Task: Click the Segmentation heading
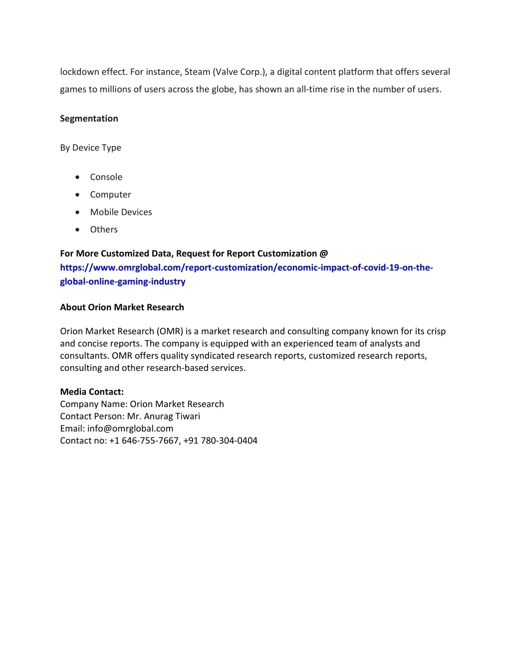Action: coord(89,119)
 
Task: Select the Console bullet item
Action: coord(106,177)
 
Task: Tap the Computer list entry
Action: coord(110,195)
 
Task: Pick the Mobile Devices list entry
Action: coord(121,212)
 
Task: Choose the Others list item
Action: coord(104,229)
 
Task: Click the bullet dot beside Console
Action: coord(77,177)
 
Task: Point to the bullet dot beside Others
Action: coord(77,229)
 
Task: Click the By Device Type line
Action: coord(90,148)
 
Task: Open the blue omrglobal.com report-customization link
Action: coord(246,268)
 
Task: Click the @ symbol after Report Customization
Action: coord(324,253)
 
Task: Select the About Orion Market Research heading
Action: coord(122,307)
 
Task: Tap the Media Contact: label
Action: coord(92,392)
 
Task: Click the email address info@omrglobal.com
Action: coord(130,429)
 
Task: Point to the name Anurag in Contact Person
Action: coord(158,417)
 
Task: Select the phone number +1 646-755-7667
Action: coord(144,441)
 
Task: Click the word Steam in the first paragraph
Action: coord(197,72)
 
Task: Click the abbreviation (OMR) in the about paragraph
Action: coord(170,331)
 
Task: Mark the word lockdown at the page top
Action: coord(79,72)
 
